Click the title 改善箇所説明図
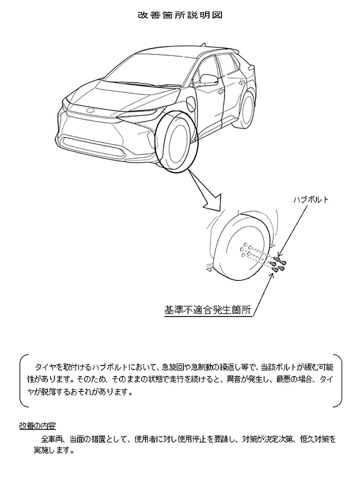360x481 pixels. click(180, 15)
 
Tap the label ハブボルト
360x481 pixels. click(310, 199)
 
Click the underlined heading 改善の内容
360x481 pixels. click(37, 426)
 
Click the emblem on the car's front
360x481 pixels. click(91, 110)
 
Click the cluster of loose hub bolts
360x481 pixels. click(278, 264)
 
